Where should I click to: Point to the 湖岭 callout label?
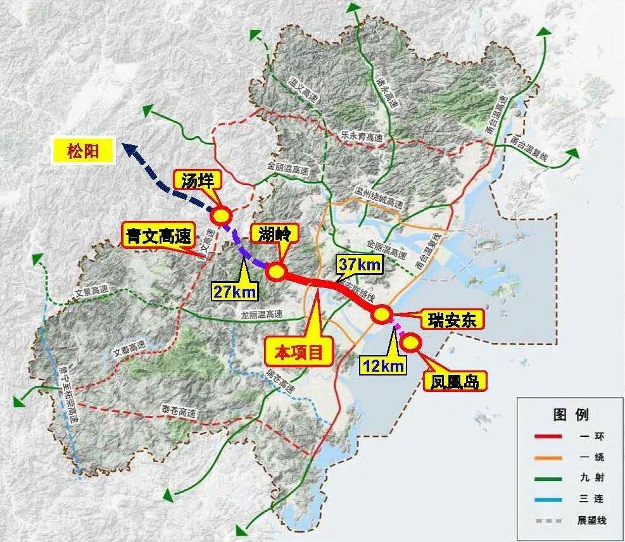[x=274, y=234]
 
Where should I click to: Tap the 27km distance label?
[x=235, y=291]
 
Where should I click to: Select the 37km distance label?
[x=360, y=265]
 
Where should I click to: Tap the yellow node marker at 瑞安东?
[x=382, y=315]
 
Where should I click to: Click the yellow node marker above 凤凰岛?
[x=411, y=342]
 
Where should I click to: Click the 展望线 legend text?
[x=591, y=520]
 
